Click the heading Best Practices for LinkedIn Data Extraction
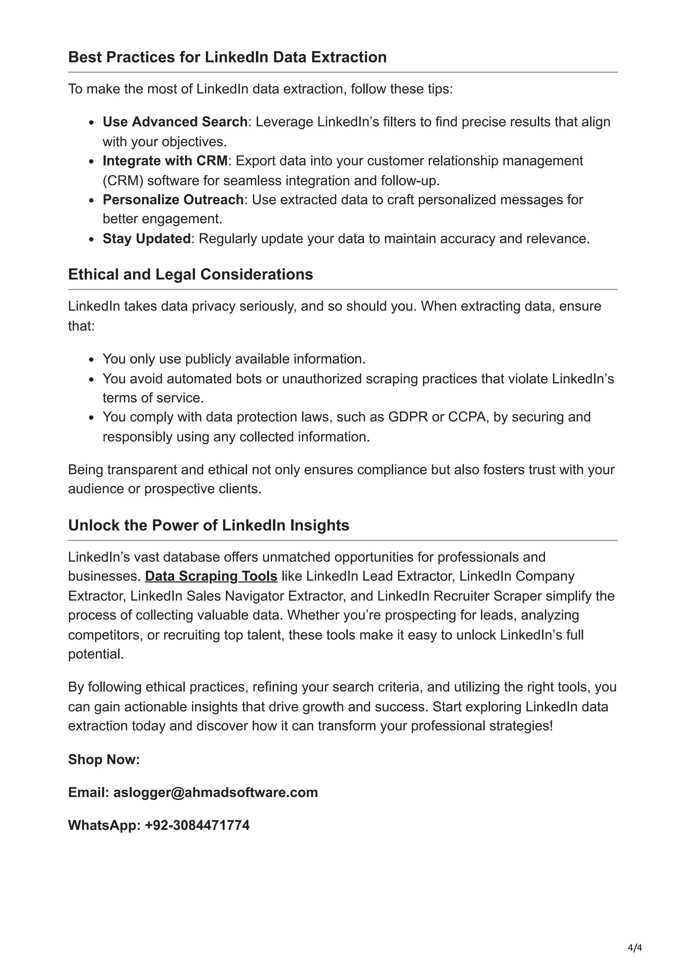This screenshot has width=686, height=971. tap(227, 57)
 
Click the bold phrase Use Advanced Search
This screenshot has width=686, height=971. tap(175, 122)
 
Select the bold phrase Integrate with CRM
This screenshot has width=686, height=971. tap(165, 161)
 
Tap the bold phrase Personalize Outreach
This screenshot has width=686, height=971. tap(173, 200)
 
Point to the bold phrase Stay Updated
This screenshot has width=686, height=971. tap(147, 239)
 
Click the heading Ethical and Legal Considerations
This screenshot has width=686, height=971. tap(190, 274)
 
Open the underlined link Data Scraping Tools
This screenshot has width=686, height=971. tap(211, 576)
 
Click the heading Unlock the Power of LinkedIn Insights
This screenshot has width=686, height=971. tap(208, 525)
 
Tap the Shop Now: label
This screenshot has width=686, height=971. tap(104, 759)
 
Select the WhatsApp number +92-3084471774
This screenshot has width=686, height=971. tap(197, 825)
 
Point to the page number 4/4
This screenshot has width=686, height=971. tap(635, 948)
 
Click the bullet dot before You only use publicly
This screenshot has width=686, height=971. tap(92, 360)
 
